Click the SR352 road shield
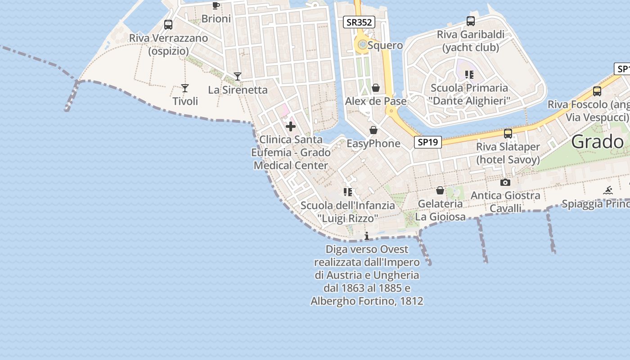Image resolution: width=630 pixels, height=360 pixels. (x=359, y=22)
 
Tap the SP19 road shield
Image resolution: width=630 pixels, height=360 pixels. (x=427, y=142)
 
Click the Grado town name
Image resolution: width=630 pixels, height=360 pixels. (x=597, y=142)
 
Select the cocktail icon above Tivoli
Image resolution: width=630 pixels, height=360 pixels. (x=184, y=88)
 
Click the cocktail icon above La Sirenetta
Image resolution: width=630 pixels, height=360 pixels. (x=238, y=76)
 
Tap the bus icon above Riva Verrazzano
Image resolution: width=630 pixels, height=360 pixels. (x=168, y=25)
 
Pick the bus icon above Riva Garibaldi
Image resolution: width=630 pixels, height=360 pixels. (x=471, y=21)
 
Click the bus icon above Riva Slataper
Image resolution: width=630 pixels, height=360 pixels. (x=508, y=133)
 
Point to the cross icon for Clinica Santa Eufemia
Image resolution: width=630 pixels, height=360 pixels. (x=291, y=126)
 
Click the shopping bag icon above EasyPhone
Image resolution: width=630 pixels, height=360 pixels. (x=373, y=130)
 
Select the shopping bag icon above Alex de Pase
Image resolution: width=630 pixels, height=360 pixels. (x=376, y=88)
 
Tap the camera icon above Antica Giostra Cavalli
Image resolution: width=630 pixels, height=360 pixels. (x=505, y=182)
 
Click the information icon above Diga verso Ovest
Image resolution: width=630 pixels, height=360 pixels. (x=367, y=236)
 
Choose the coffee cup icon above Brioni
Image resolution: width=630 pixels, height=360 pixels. (x=216, y=5)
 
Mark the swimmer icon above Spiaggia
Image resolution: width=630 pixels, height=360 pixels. (x=608, y=190)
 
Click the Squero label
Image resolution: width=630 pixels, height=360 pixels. (x=385, y=45)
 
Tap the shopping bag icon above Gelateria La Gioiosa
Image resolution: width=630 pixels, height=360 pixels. (x=440, y=191)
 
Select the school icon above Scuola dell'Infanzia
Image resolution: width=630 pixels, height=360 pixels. (x=348, y=192)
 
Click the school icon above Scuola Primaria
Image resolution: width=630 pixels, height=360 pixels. (x=469, y=75)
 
